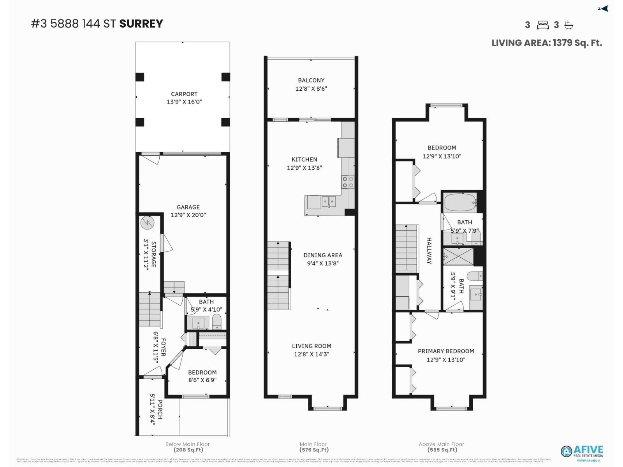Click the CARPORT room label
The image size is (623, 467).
click(184, 94)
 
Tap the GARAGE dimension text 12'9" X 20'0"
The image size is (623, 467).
click(188, 215)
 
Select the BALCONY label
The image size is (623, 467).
click(311, 80)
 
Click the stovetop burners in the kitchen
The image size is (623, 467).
click(348, 182)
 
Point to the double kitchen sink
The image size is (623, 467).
click(329, 202)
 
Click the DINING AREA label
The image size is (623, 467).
click(323, 255)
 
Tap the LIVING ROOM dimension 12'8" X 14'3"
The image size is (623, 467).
click(311, 354)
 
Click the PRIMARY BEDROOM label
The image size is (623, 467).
click(446, 351)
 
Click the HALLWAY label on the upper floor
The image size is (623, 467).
click(429, 251)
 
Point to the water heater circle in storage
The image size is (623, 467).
click(148, 223)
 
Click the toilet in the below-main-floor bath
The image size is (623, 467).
click(216, 322)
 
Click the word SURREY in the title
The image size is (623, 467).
click(141, 24)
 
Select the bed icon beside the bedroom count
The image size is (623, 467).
click(542, 25)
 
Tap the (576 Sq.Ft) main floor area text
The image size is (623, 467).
click(314, 450)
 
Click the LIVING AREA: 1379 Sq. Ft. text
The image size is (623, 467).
click(546, 43)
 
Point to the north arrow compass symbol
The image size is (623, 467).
click(603, 9)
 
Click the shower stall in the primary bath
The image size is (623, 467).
click(458, 257)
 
